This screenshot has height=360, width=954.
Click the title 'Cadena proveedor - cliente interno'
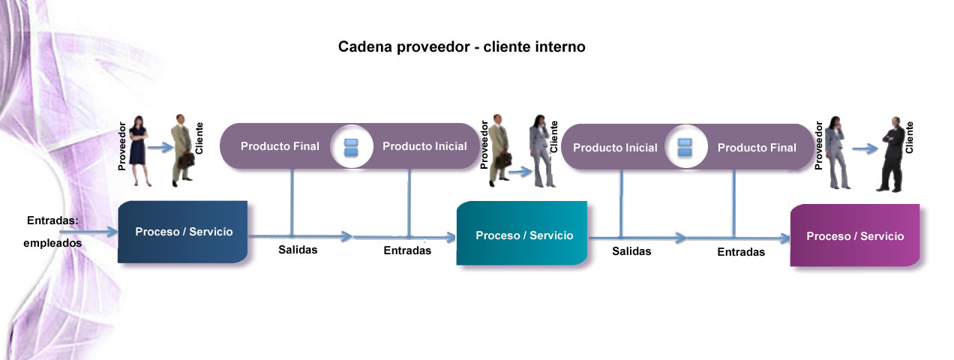point(462,46)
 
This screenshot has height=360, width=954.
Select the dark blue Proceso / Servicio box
point(183,232)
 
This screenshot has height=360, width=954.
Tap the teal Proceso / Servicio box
point(522,233)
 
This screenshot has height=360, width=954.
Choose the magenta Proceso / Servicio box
point(855,235)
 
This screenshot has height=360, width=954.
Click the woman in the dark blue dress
point(139,151)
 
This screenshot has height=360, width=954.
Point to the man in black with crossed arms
point(892,154)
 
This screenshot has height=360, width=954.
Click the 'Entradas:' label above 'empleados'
point(52,220)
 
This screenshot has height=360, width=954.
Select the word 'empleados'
point(52,243)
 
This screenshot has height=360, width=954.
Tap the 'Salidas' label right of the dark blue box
point(298,250)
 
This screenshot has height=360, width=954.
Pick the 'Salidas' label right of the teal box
point(631,251)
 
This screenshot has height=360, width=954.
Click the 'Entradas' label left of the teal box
point(407,250)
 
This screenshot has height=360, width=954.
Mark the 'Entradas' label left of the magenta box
point(741,252)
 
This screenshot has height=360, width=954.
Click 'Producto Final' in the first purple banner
point(280,146)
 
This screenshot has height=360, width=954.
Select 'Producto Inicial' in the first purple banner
point(424,146)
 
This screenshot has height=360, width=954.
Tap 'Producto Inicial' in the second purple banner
point(615,148)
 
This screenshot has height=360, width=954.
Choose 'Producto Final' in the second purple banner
point(757,148)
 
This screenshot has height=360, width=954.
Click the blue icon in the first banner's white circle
point(351,147)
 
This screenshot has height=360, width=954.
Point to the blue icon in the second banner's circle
point(685,148)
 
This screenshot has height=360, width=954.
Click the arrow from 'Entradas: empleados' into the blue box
point(88,232)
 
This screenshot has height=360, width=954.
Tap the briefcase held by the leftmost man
point(186,161)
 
